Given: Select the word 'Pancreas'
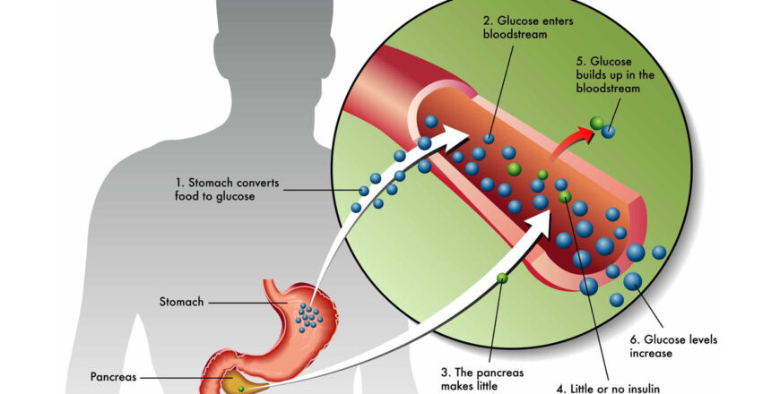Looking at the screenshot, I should coord(113,377).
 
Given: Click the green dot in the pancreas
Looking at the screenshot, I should coord(239,388).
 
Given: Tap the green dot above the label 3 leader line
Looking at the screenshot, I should coord(502,278).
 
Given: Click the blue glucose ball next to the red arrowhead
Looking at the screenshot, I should coord(609,132).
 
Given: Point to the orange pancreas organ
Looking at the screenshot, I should coord(238,381).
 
